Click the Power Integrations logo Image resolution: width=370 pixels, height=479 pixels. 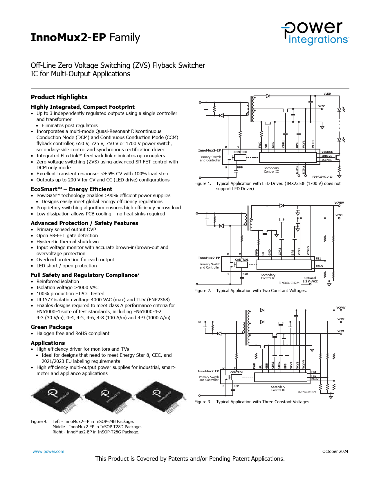(x=315, y=33)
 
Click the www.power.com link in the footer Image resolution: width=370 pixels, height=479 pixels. (x=48, y=451)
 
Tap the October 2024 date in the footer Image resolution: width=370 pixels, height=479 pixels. (x=335, y=451)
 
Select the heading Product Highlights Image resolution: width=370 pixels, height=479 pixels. (x=59, y=97)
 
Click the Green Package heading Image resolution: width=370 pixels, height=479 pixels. (x=51, y=327)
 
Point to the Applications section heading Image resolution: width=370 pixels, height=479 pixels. (x=48, y=343)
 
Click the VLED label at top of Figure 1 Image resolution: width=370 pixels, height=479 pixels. (x=327, y=94)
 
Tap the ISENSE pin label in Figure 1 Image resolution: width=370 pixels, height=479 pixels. (x=326, y=160)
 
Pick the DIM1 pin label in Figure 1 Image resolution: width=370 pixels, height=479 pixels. (x=297, y=170)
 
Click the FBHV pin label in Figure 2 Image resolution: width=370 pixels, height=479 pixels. (x=319, y=266)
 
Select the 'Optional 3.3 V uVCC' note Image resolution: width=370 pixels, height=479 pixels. (x=310, y=280)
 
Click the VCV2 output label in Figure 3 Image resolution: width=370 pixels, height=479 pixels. (x=341, y=319)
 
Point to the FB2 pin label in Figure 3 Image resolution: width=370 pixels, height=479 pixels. (x=314, y=376)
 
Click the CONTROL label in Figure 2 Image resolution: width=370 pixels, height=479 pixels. (x=241, y=260)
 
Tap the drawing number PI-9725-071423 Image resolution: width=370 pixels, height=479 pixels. (x=322, y=177)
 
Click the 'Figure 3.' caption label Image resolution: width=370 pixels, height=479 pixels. (x=203, y=401)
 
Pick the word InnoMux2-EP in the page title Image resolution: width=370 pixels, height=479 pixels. (x=68, y=37)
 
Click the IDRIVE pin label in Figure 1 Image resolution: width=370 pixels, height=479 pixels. (x=326, y=156)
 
